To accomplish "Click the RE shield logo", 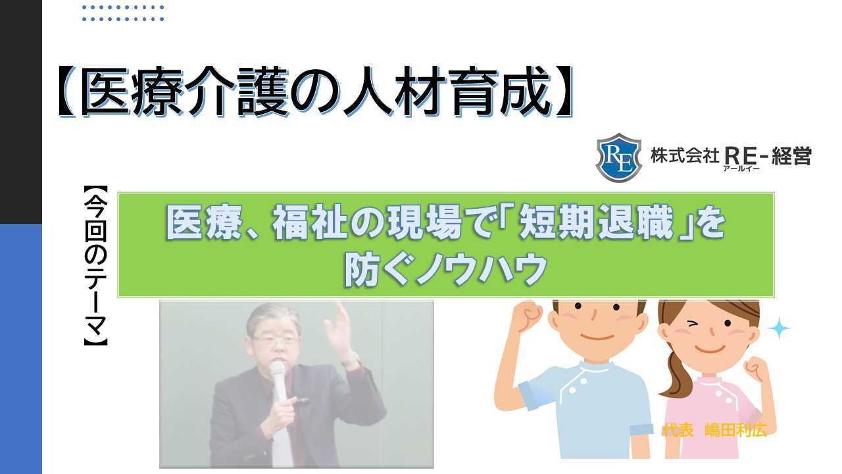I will pos(618,157).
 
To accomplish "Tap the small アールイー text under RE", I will pos(741,169).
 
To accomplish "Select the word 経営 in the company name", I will pos(792,156).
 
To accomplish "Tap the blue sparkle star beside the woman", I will pos(778,329).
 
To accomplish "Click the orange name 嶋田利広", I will pos(735,431).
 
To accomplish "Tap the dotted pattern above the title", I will pos(123,13).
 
